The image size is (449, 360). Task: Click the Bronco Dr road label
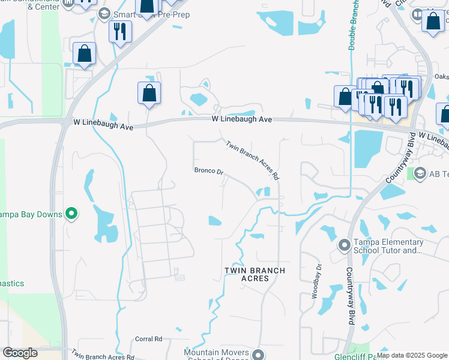208,171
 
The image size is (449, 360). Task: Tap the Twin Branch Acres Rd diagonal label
253,160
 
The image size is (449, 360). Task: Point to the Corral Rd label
149,339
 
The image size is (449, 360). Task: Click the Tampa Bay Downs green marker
71,213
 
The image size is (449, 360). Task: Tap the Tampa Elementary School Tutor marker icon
344,245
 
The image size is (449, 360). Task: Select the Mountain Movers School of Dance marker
258,354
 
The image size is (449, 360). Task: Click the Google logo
20,353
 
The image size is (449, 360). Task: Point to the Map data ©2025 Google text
411,355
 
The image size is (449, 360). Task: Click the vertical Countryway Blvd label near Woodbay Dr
350,296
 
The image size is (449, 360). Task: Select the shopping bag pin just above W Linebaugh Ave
149,94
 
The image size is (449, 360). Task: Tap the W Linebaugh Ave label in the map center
242,119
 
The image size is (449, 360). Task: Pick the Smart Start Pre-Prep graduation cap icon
104,13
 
